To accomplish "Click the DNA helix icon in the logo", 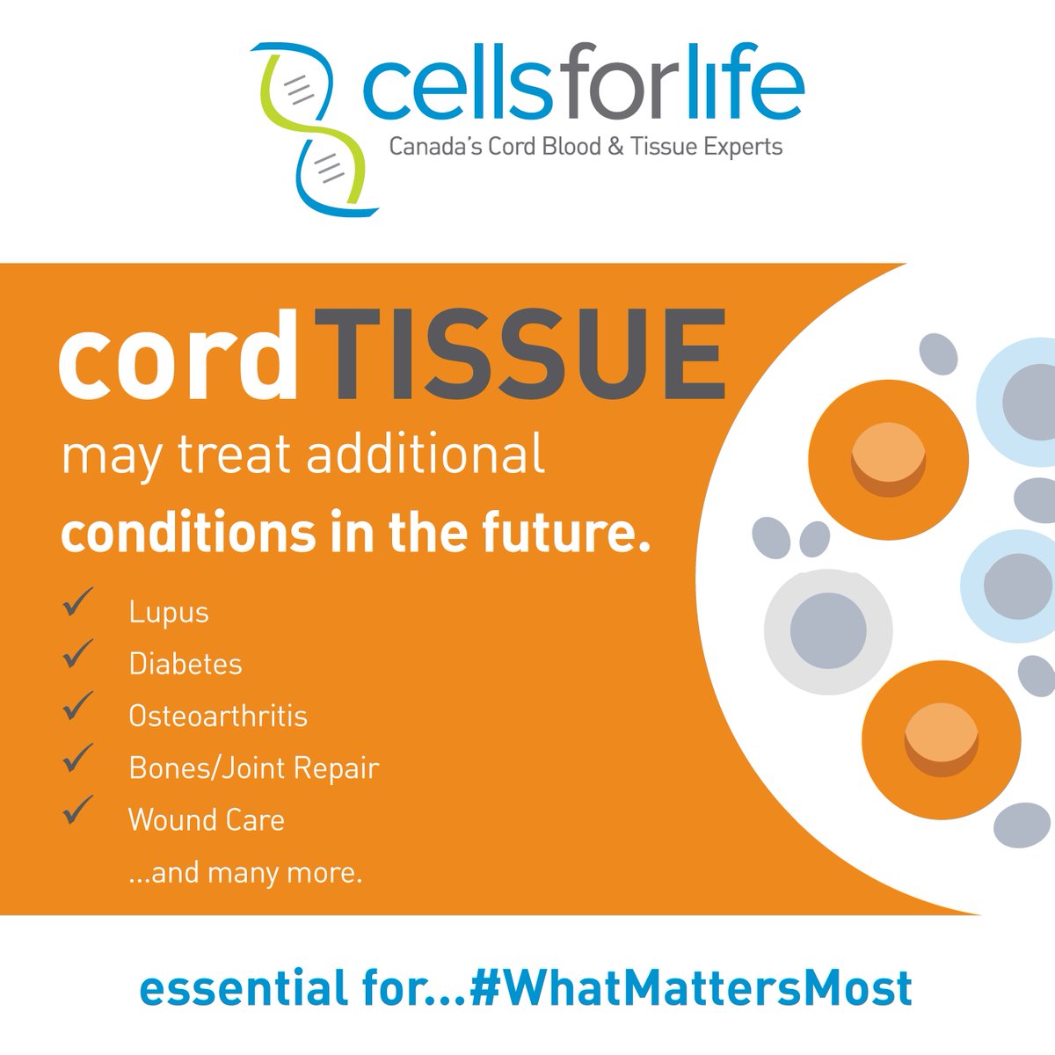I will (x=314, y=128).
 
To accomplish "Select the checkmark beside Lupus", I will (x=78, y=604).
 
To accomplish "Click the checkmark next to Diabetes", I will (x=78, y=654).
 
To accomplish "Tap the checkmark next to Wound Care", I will (x=78, y=810).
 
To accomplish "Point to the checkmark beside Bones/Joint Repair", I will (x=78, y=758).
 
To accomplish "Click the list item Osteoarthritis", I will (x=218, y=716).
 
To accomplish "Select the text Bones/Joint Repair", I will (x=253, y=768).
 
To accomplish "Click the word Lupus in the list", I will (x=169, y=612).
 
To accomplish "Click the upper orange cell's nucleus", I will (x=888, y=458).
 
